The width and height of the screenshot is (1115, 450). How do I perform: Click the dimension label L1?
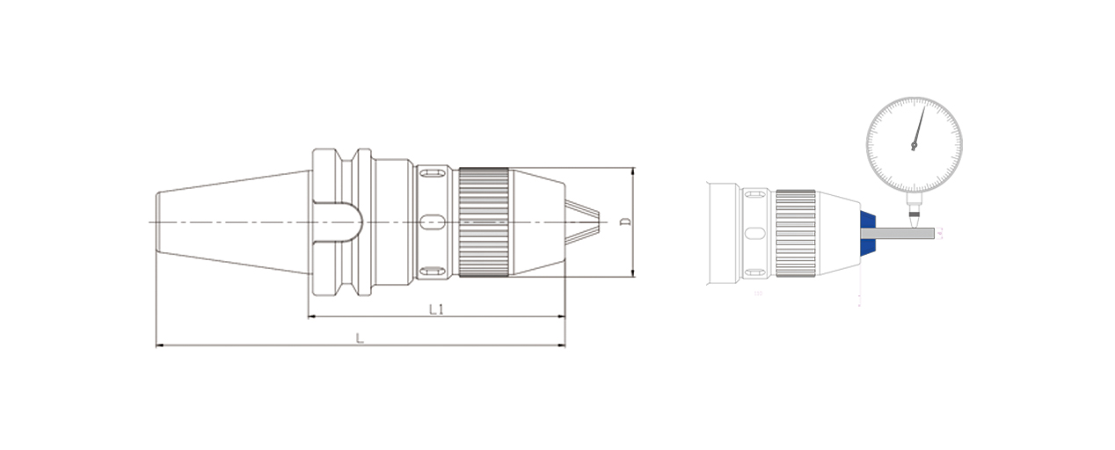click(x=435, y=309)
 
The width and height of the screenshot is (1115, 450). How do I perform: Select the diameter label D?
click(x=625, y=221)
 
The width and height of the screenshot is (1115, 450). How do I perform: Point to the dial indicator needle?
click(x=918, y=127)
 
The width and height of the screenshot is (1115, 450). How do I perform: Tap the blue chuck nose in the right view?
click(x=867, y=233)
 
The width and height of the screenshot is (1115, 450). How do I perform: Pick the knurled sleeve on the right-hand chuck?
click(x=795, y=234)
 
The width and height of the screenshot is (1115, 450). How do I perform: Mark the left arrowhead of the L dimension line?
click(x=158, y=345)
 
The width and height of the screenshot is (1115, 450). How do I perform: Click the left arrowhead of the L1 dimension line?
click(x=310, y=316)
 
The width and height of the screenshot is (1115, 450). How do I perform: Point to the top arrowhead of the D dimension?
click(x=632, y=169)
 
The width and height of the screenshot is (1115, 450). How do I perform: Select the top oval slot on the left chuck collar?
click(x=431, y=172)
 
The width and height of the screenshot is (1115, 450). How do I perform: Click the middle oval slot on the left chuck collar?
click(x=431, y=221)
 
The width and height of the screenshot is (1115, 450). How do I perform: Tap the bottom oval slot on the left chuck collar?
click(x=431, y=270)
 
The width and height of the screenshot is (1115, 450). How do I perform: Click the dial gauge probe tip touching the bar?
click(x=915, y=221)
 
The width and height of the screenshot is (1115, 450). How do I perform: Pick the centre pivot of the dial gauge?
click(x=914, y=146)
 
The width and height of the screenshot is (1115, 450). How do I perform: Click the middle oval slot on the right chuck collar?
click(x=754, y=234)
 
